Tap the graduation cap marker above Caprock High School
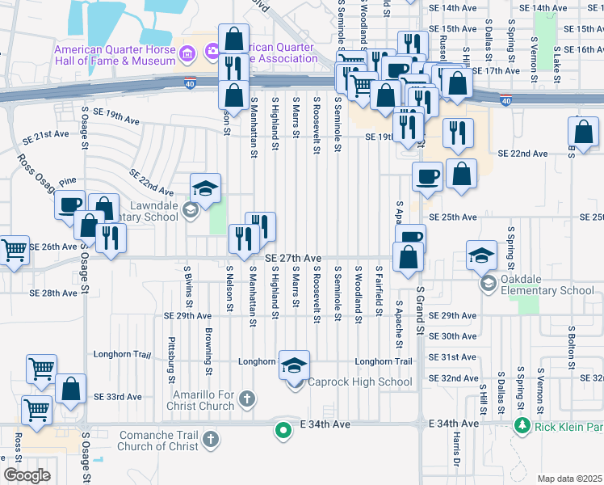(294, 364)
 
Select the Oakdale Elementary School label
(547, 290)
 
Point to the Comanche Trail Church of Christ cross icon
(210, 439)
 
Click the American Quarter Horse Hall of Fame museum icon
(187, 55)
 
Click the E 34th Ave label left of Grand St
(326, 424)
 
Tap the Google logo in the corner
(27, 474)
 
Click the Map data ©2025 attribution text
(569, 479)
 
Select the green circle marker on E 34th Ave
(283, 429)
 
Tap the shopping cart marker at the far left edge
(14, 251)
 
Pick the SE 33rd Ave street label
(117, 397)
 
